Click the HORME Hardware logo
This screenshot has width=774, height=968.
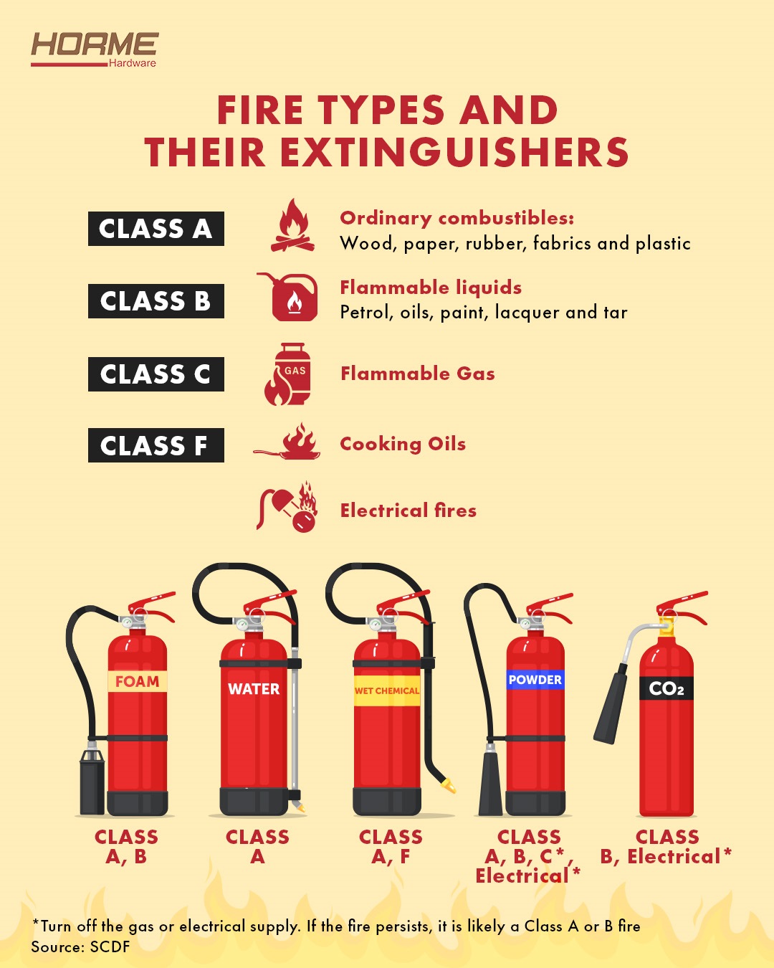tap(95, 49)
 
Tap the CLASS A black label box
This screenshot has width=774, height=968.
tap(156, 229)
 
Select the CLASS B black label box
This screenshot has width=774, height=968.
tap(156, 301)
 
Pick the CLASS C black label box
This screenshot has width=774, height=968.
tap(156, 374)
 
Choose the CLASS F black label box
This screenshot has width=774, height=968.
tap(156, 445)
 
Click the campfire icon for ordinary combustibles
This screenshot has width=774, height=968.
tap(293, 225)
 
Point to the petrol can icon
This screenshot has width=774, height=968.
tap(288, 296)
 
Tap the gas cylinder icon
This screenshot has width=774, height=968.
tap(288, 374)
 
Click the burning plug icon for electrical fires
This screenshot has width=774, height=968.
tap(287, 507)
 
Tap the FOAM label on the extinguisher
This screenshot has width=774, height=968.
tap(137, 681)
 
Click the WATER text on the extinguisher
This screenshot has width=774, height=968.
tap(254, 689)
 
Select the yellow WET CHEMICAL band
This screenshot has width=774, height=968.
tap(387, 691)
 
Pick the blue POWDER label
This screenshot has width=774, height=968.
tap(535, 679)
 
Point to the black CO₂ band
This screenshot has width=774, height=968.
tap(666, 688)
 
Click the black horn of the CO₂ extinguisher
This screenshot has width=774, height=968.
tap(611, 704)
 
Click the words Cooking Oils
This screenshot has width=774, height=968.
tap(403, 444)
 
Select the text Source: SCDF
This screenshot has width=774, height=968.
tap(80, 947)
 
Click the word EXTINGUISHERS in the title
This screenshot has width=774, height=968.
tap(454, 152)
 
